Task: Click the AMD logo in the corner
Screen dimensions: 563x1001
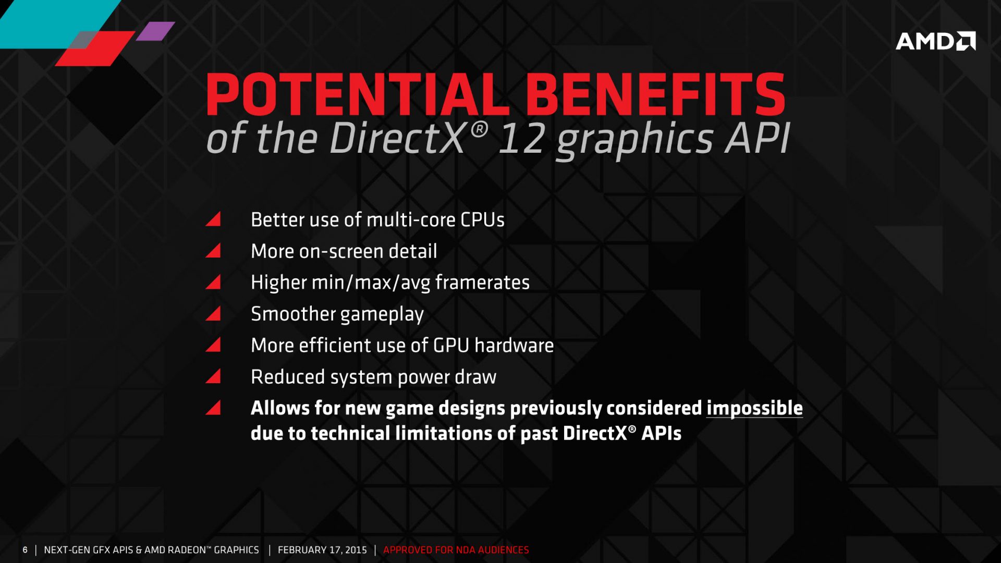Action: click(935, 41)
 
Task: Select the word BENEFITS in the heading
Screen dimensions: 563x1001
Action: click(655, 95)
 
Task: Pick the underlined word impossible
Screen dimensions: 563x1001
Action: click(754, 408)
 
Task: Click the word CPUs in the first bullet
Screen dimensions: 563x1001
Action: click(482, 220)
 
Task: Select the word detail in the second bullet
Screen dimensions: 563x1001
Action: click(412, 252)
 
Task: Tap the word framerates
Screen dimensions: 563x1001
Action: click(482, 283)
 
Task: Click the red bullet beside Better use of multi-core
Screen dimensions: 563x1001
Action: click(214, 219)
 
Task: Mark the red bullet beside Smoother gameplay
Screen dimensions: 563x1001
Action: click(214, 314)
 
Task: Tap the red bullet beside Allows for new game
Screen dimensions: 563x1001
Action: click(214, 408)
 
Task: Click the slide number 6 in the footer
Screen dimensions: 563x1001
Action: click(25, 550)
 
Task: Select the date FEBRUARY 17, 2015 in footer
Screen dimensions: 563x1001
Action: click(322, 550)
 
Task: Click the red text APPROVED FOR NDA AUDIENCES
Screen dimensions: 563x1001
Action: click(456, 550)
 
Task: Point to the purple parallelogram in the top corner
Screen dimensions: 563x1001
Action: click(155, 31)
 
